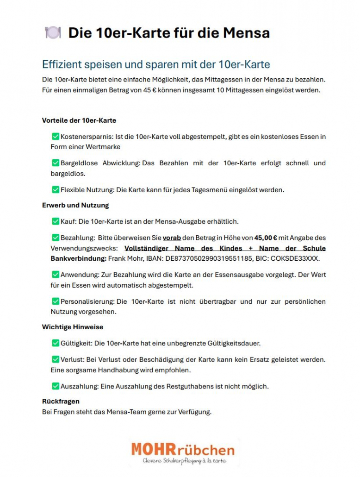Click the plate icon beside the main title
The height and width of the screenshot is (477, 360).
coord(52,32)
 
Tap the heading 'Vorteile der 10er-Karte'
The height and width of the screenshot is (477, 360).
coord(79,120)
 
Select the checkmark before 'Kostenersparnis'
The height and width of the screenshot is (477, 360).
coord(56,137)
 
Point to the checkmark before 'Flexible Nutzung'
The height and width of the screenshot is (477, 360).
coord(56,189)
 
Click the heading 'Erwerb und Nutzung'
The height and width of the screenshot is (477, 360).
coord(75,205)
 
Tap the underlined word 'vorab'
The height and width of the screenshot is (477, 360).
coord(172,238)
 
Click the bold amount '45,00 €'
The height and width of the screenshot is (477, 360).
coord(266,238)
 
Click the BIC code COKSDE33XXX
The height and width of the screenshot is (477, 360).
coord(300,258)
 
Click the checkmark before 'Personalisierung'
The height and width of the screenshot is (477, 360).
coord(56,301)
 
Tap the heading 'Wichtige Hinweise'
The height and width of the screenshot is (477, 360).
coord(73,327)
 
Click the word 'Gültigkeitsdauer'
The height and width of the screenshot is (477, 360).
coord(234,343)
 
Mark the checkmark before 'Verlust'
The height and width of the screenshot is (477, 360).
coord(56,359)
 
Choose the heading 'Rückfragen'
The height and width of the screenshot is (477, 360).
coord(61,401)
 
